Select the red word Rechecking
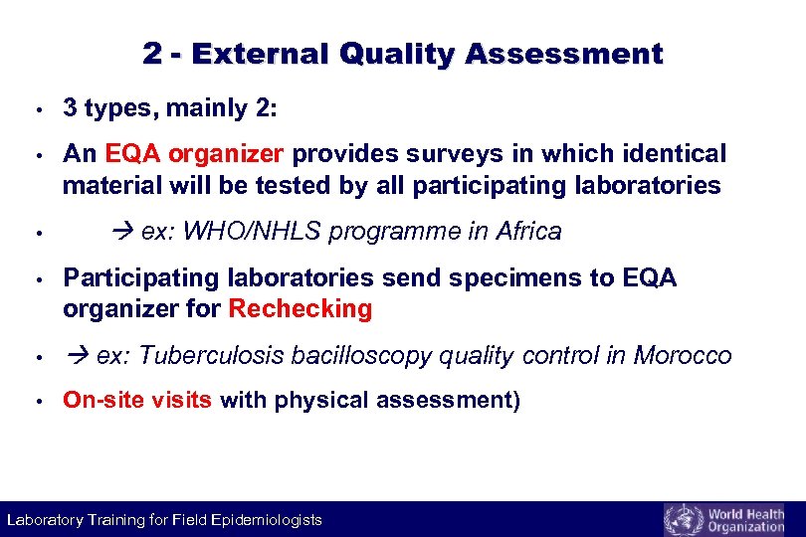[x=301, y=309]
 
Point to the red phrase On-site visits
[x=137, y=401]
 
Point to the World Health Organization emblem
[x=683, y=519]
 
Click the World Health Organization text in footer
[x=745, y=520]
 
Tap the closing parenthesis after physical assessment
[x=516, y=401]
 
